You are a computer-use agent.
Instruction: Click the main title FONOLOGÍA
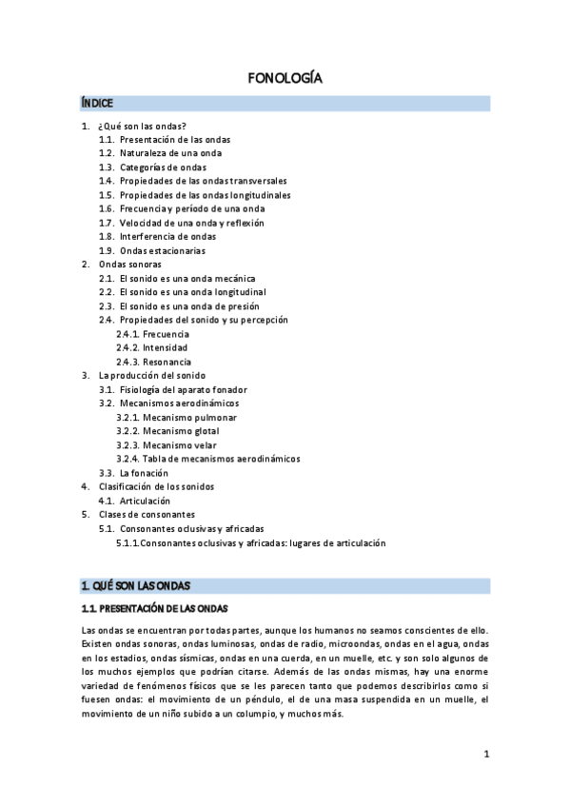[285, 79]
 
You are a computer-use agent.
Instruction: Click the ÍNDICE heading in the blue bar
[98, 103]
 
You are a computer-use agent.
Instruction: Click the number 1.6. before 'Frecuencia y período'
[107, 208]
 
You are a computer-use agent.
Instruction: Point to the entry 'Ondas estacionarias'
[162, 250]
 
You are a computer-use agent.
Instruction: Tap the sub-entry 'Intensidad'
[166, 348]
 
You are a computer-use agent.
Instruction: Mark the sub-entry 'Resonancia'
[167, 362]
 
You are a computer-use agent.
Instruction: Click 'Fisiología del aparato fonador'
[184, 390]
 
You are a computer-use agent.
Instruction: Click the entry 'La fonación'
[144, 473]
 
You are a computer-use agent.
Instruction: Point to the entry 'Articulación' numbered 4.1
[145, 501]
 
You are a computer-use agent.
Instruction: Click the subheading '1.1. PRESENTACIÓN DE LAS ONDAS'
[155, 608]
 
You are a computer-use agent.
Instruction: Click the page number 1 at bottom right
[485, 755]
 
